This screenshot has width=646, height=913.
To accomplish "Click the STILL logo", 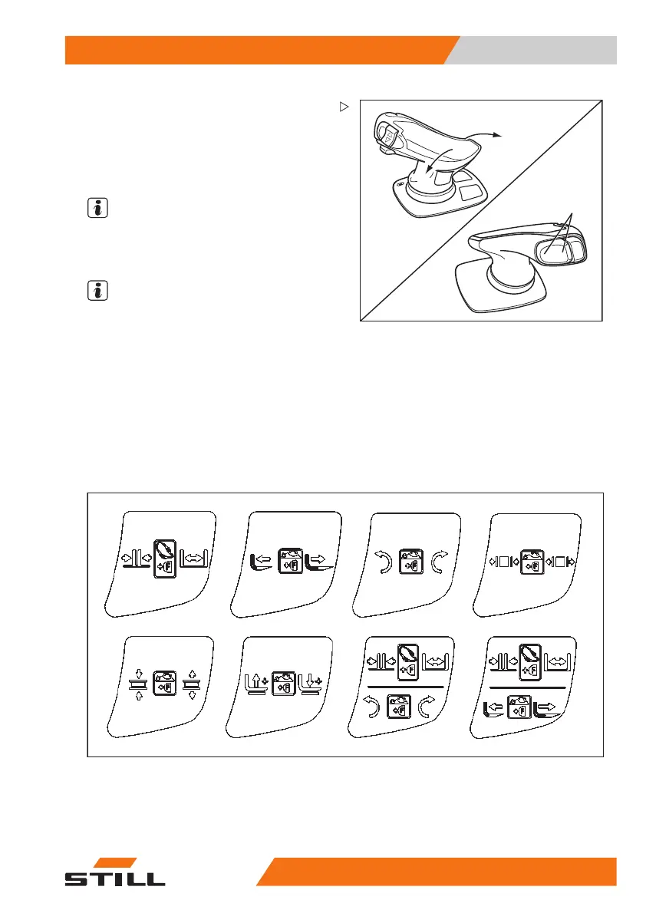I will coord(114,873).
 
